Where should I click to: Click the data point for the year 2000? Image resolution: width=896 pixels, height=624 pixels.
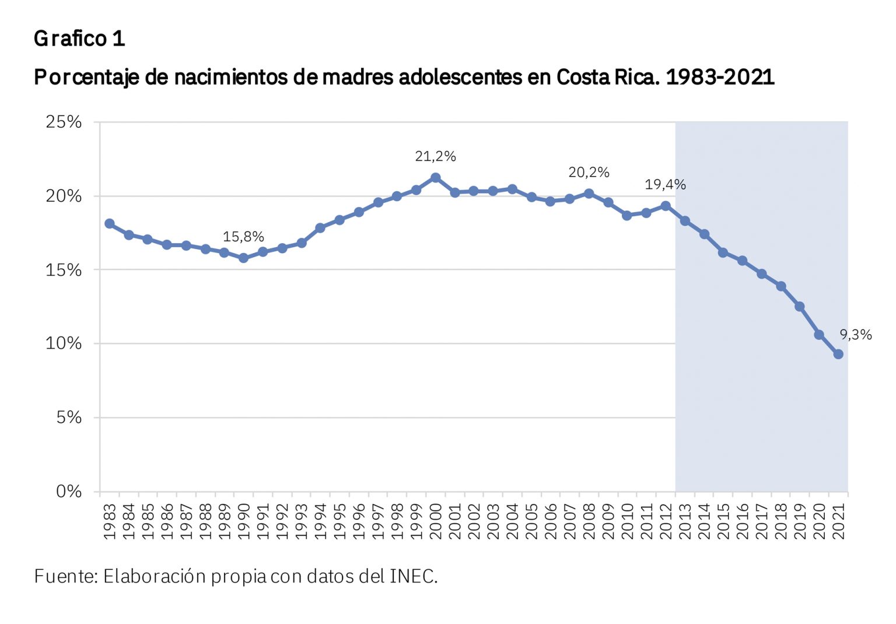(x=435, y=177)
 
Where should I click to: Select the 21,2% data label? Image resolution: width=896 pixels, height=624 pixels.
(x=435, y=156)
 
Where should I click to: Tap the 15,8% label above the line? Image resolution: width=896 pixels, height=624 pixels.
(x=243, y=237)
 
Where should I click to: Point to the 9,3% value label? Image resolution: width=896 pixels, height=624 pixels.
(x=856, y=335)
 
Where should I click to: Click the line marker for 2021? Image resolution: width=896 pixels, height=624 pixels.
(x=838, y=354)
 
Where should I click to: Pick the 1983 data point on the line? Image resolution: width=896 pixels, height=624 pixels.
(x=110, y=223)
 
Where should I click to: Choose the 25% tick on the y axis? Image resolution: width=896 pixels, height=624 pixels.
(x=64, y=122)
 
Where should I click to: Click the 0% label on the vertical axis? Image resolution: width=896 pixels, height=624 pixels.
(x=69, y=492)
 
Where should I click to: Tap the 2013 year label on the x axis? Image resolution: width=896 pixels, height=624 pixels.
(x=685, y=521)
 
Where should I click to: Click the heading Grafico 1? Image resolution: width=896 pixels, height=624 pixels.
(x=79, y=38)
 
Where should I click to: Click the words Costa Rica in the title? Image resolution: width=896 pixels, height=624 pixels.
(x=607, y=77)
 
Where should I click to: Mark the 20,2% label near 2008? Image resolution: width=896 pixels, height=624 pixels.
(x=589, y=173)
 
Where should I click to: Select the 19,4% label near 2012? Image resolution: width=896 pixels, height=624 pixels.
(x=665, y=185)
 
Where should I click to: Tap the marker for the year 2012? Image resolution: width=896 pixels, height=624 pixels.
(x=666, y=206)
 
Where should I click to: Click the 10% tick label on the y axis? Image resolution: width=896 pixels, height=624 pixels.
(x=64, y=343)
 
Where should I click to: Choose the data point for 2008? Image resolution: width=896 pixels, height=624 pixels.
(x=589, y=194)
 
